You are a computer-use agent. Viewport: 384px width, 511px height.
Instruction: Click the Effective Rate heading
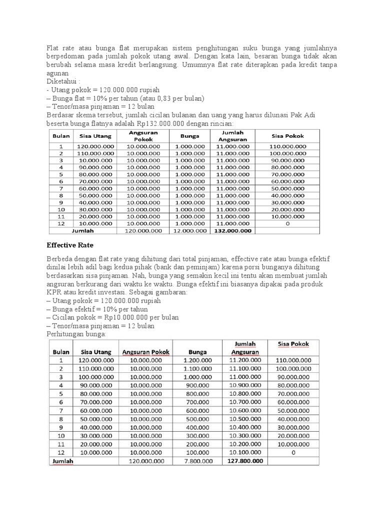[70, 245]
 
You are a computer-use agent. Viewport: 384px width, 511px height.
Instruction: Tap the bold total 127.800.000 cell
[245, 461]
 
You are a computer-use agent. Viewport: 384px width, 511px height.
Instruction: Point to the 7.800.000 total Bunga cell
[197, 461]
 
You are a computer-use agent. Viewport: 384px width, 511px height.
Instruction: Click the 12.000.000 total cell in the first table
[190, 231]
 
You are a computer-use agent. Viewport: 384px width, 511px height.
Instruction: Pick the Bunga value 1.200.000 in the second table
[197, 360]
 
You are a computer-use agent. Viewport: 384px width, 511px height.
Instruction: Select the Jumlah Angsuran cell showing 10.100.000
[245, 452]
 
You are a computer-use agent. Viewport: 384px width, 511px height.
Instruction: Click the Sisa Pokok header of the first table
[287, 136]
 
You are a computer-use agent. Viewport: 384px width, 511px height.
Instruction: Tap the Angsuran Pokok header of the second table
[146, 351]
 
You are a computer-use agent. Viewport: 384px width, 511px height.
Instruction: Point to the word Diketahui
[62, 81]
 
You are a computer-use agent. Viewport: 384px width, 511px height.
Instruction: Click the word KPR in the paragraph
[53, 292]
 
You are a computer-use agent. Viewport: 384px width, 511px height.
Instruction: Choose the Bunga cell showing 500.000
[197, 419]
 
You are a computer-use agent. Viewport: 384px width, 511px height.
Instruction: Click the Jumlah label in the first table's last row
[82, 231]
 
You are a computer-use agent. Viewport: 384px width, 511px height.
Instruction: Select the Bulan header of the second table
[61, 351]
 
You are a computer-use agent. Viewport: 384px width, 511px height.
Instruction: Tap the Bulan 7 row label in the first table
[60, 189]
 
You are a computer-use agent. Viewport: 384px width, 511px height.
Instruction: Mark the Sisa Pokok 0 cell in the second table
[293, 452]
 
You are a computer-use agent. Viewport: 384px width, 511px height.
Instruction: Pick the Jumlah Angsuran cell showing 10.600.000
[245, 410]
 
